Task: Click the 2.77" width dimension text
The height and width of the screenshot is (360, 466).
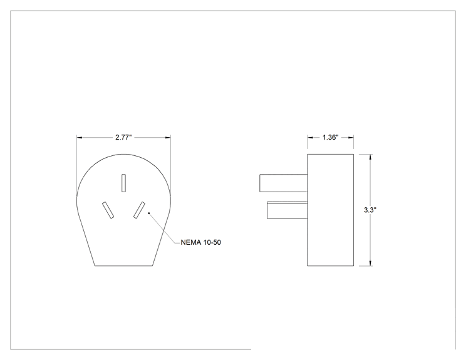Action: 123,137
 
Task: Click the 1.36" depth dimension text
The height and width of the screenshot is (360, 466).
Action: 331,137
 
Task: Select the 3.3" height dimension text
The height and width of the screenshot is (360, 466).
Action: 370,210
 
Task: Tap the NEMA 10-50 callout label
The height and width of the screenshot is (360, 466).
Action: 201,242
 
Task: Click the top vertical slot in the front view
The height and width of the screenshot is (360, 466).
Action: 123,183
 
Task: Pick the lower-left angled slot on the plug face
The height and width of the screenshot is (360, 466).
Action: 108,210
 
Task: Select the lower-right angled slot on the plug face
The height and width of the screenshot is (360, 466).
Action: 140,210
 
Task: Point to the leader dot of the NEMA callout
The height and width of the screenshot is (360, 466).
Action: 149,213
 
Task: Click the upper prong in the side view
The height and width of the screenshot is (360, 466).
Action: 284,183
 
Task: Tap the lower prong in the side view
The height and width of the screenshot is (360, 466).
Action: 287,210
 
